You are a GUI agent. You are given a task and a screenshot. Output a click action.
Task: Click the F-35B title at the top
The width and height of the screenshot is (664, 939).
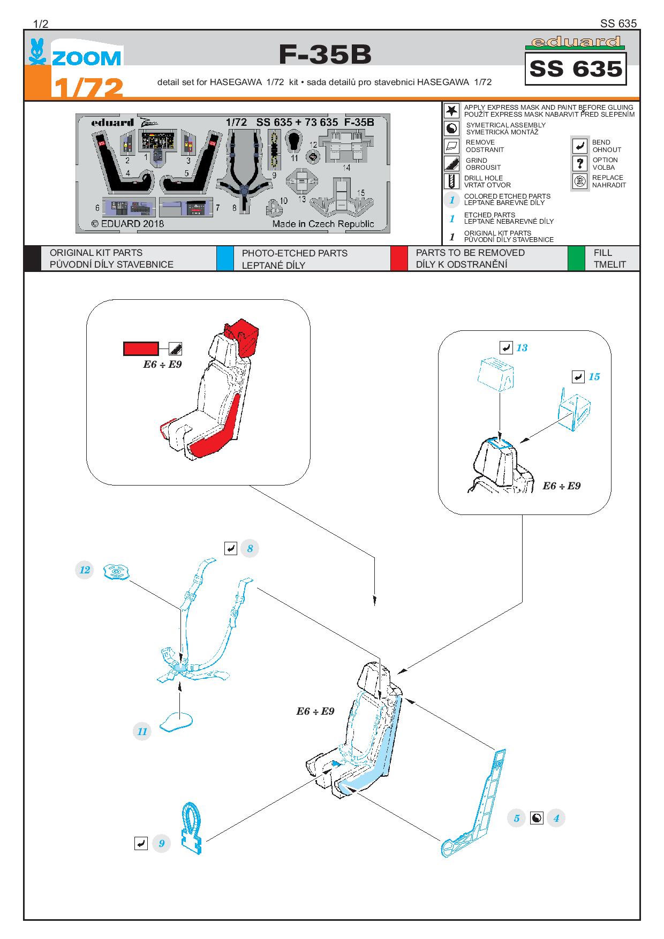325,55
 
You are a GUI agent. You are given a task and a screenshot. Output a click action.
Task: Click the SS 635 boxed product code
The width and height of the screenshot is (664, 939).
576,69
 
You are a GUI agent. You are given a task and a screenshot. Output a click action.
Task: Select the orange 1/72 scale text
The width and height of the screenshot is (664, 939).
88,88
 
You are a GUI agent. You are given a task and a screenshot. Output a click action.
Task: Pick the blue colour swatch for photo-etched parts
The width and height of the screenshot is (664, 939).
225,259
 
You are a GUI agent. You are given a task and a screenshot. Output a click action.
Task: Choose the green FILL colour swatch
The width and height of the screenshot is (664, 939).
576,259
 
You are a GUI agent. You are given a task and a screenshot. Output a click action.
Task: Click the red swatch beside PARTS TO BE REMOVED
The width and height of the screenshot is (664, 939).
399,259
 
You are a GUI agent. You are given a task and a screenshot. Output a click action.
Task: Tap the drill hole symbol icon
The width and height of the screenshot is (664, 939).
452,181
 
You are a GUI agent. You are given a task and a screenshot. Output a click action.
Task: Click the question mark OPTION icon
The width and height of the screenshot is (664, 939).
580,163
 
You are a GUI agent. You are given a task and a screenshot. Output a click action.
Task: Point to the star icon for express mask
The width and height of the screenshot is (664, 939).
452,111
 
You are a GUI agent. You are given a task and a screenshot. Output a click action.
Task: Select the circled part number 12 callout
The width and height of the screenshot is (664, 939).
85,570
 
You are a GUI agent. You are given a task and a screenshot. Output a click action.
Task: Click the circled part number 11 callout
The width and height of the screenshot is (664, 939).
142,731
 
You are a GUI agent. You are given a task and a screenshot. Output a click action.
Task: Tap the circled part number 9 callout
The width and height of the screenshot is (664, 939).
161,844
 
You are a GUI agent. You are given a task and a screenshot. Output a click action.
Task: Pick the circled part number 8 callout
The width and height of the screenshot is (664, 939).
250,548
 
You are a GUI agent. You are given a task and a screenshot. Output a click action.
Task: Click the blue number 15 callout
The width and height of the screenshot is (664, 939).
594,377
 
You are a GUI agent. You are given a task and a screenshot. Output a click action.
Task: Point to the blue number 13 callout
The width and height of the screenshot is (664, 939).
522,348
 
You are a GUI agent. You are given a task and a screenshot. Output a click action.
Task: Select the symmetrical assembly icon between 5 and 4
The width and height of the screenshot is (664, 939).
536,818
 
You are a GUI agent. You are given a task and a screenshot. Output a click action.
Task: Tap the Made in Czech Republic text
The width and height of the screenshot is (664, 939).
323,224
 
